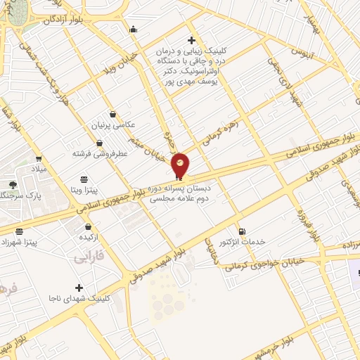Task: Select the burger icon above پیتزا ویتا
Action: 84,179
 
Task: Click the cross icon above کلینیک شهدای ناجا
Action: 79,288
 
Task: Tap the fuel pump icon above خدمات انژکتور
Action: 242,231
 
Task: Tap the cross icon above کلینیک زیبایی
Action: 191,39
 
